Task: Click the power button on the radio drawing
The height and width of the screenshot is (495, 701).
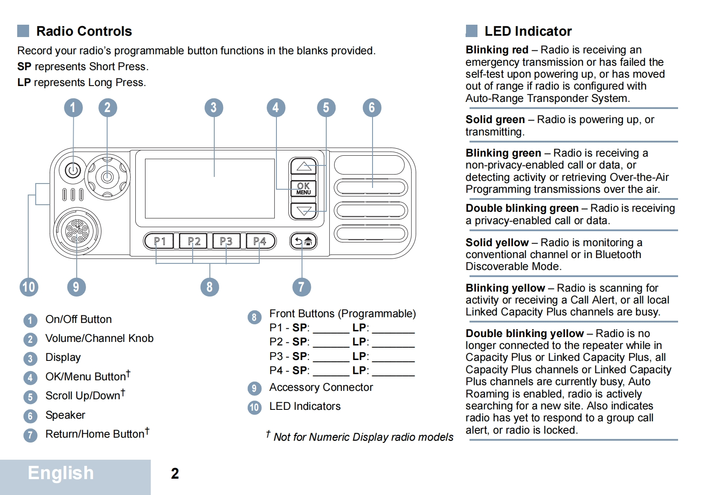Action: point(73,170)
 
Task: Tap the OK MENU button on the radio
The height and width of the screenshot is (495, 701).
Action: point(303,188)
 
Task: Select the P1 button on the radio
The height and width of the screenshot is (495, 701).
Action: point(159,241)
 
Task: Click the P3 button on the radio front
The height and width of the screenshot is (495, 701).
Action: point(226,241)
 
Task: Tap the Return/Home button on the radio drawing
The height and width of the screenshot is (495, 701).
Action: point(303,241)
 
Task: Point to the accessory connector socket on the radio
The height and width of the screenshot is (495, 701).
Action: point(77,231)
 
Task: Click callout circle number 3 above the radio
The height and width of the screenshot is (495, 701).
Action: point(214,108)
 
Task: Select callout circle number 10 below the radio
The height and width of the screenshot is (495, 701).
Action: point(29,287)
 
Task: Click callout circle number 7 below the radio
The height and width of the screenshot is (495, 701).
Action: point(302,287)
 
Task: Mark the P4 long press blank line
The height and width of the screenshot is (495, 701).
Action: point(393,373)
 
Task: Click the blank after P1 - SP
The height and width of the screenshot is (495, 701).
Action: point(331,330)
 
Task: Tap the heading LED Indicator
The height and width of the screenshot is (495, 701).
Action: point(528,31)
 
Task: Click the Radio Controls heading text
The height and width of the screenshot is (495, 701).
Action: point(84,31)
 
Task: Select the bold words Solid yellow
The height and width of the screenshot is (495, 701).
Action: point(497,243)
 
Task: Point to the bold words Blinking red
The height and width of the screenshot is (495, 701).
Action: point(497,50)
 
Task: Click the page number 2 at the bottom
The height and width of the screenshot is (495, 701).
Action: point(175,473)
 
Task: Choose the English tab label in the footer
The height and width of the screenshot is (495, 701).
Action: point(61,473)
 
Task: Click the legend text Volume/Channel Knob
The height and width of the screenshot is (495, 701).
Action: point(99,338)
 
